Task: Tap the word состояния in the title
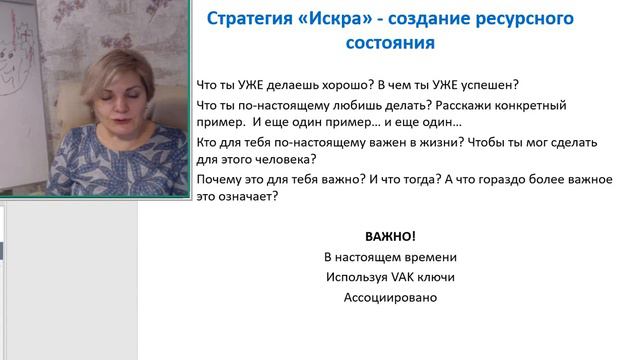(391, 45)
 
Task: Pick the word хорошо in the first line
(354, 85)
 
